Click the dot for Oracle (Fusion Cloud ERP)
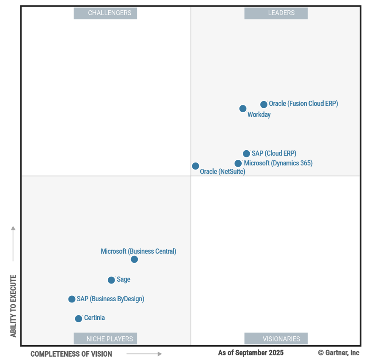click(x=264, y=104)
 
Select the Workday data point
click(x=243, y=109)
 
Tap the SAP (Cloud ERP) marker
click(x=246, y=154)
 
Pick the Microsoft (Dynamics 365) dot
click(x=238, y=163)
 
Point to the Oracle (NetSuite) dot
click(x=196, y=166)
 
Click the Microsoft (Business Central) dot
click(x=134, y=259)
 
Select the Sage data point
click(x=112, y=280)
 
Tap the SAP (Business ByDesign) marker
click(x=72, y=299)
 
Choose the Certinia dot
click(x=79, y=319)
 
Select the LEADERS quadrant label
click(x=276, y=13)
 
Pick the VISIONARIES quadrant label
click(x=276, y=339)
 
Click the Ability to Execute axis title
click(x=14, y=306)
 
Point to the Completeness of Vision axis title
click(x=71, y=354)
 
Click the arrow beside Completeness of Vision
click(x=144, y=354)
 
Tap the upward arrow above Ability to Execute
click(x=13, y=244)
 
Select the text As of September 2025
click(x=251, y=353)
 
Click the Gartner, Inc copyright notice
click(x=339, y=353)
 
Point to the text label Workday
click(x=259, y=115)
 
